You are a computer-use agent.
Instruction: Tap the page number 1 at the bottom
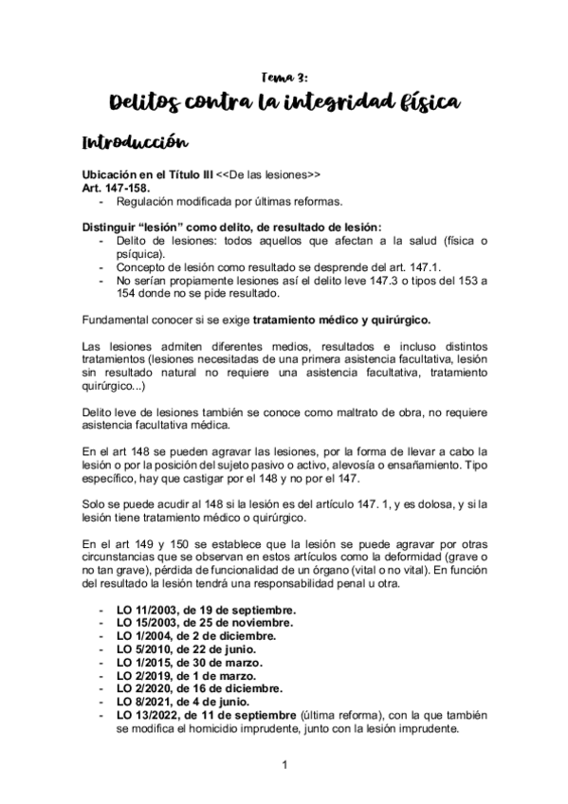coord(284,764)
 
